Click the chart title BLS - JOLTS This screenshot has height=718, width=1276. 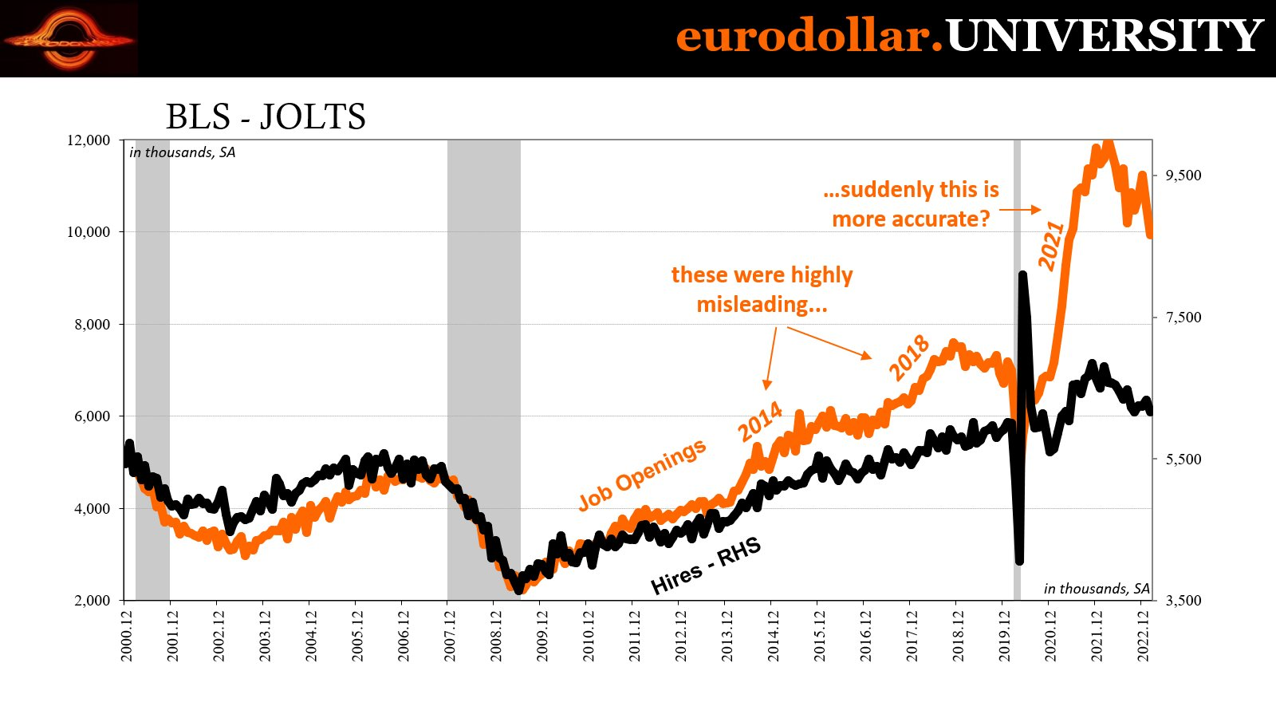pyautogui.click(x=266, y=117)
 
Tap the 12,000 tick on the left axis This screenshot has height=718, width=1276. pyautogui.click(x=89, y=140)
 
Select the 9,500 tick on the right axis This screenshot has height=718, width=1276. pyautogui.click(x=1183, y=176)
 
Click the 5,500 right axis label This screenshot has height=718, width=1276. pyautogui.click(x=1183, y=460)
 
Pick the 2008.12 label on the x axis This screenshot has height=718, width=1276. pyautogui.click(x=496, y=636)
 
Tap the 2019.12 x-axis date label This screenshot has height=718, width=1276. pyautogui.click(x=1005, y=636)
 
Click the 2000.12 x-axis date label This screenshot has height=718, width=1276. pyautogui.click(x=127, y=636)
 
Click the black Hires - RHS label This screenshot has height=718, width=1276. pyautogui.click(x=706, y=567)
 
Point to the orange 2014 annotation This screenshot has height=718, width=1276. pyautogui.click(x=759, y=422)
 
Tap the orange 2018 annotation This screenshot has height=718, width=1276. pyautogui.click(x=909, y=358)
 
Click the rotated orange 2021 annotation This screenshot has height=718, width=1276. pyautogui.click(x=1051, y=244)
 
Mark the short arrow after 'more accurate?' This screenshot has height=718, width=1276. pyautogui.click(x=1020, y=210)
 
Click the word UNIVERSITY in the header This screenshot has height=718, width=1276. pyautogui.click(x=1104, y=37)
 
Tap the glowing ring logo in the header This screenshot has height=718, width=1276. pyautogui.click(x=69, y=39)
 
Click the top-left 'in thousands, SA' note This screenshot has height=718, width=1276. pyautogui.click(x=183, y=152)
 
